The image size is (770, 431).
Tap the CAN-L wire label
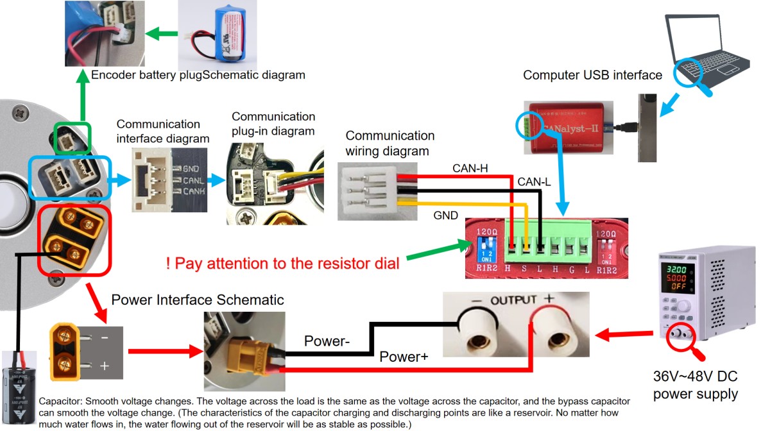tap(535, 183)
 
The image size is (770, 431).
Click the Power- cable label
tap(327, 341)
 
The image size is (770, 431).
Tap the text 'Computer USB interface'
tap(592, 75)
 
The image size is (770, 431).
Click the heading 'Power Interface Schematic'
tap(198, 300)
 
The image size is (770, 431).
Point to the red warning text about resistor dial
tap(282, 263)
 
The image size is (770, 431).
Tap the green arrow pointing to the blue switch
tap(443, 251)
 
